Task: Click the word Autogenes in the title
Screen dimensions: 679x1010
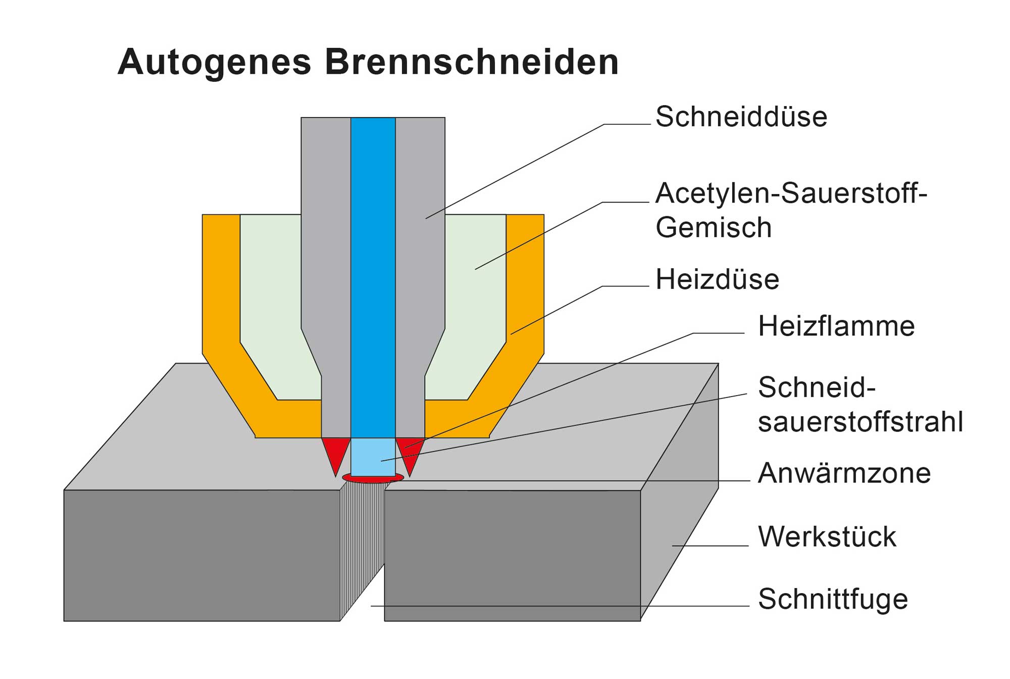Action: click(x=214, y=63)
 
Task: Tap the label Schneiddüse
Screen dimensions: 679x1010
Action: click(x=741, y=117)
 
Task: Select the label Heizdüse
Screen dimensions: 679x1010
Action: click(x=717, y=279)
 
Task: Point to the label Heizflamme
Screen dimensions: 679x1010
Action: click(x=836, y=326)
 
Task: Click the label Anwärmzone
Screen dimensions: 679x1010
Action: click(x=844, y=473)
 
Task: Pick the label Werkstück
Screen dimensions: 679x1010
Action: click(x=827, y=537)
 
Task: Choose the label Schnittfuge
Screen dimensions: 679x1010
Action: click(x=833, y=599)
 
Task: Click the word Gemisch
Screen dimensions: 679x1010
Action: click(x=713, y=227)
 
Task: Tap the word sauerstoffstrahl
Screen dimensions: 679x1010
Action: click(x=860, y=422)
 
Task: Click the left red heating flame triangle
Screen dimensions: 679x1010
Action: click(x=335, y=452)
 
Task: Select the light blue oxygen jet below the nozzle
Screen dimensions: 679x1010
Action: click(x=373, y=457)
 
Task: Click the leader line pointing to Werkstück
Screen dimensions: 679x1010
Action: click(x=710, y=546)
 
